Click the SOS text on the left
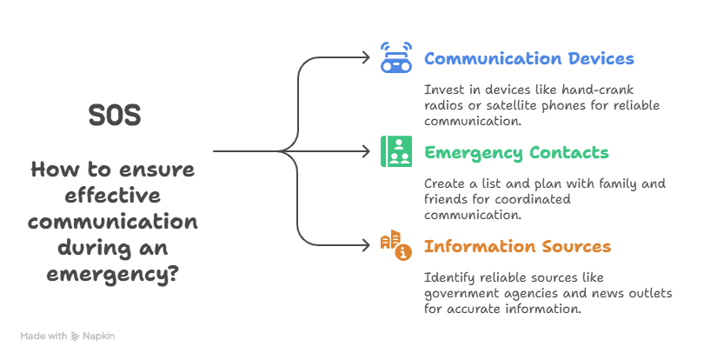115,116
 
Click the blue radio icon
396,58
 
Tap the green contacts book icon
396,151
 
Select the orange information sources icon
396,246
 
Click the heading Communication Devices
529,59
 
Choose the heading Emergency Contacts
516,153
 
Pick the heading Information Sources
517,247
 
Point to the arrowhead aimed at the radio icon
366,58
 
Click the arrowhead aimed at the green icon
366,151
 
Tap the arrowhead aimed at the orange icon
366,245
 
